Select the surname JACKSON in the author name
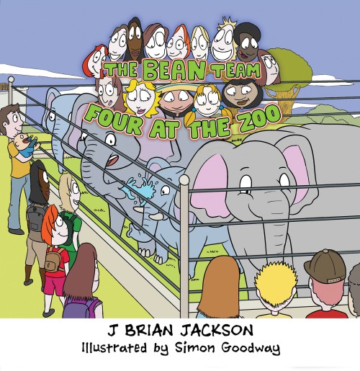coord(217,330)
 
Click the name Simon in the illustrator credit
coord(194,347)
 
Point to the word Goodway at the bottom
coord(251,348)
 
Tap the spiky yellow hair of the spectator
coord(276,283)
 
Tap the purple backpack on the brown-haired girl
coord(83,308)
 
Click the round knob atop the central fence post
coord(184,179)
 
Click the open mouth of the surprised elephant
coord(112,160)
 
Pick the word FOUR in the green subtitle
coord(114,120)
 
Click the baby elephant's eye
coord(165,191)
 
